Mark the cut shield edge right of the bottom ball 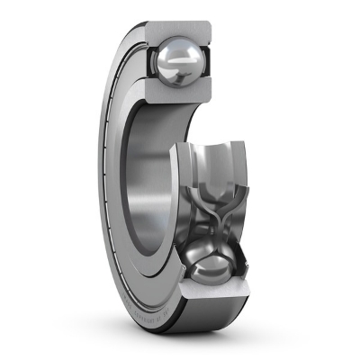244,270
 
